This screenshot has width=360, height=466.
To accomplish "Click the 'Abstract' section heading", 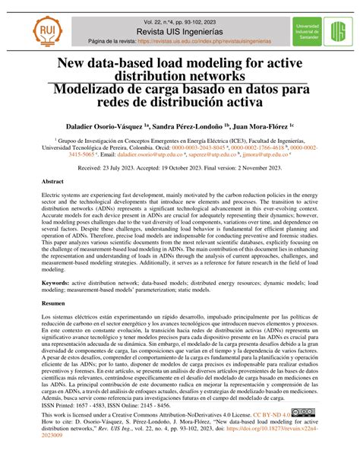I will click(x=52, y=183).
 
